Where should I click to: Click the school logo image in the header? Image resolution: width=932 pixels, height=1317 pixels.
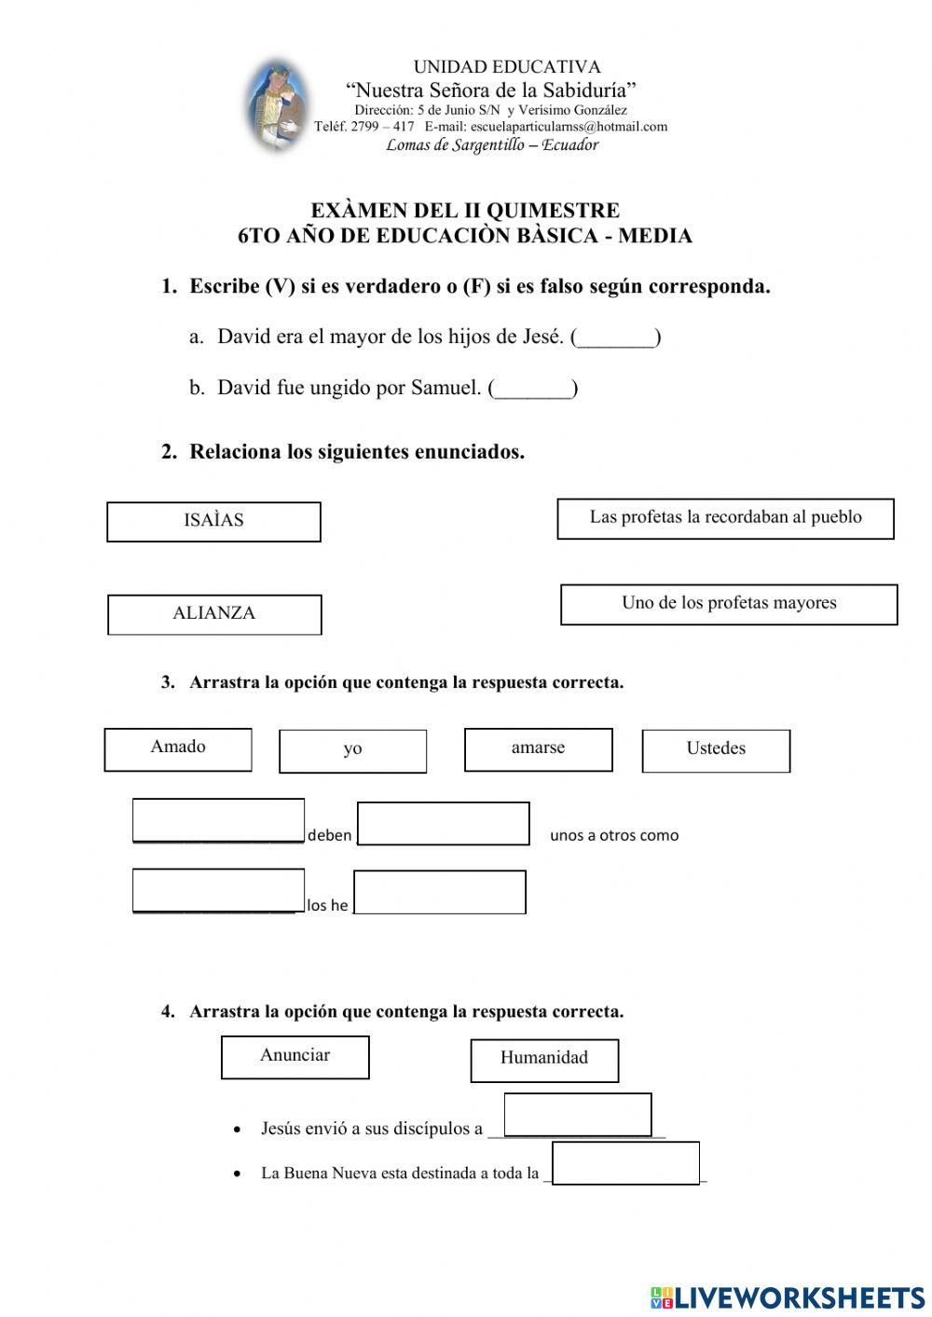277,105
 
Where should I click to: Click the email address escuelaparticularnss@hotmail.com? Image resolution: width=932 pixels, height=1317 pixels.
569,127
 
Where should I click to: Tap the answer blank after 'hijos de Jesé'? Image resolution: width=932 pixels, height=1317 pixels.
616,337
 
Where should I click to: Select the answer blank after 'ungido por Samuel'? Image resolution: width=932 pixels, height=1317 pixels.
533,389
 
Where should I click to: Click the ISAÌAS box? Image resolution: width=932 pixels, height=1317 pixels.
213,521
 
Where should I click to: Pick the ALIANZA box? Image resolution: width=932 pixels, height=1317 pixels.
214,614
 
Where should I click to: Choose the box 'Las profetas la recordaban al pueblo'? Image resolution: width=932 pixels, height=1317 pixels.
725,518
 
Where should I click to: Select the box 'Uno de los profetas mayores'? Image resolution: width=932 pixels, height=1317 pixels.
729,604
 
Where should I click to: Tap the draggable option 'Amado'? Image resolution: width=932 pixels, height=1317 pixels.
178,749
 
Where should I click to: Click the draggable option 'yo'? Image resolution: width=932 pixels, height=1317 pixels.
352,750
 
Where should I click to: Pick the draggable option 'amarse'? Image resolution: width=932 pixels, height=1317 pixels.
538,749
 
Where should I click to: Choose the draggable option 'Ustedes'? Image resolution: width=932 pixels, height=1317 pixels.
716,750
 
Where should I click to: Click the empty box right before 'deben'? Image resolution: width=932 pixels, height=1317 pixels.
218,820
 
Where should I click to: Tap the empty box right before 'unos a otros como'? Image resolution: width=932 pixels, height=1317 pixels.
444,823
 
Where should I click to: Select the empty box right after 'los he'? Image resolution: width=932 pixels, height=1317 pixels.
440,892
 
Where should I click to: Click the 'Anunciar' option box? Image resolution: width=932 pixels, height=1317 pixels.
295,1057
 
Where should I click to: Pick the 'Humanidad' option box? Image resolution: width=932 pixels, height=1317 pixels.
544,1059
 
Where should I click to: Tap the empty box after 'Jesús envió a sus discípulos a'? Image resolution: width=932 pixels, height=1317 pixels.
578,1115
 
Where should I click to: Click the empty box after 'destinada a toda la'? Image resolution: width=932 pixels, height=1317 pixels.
625,1163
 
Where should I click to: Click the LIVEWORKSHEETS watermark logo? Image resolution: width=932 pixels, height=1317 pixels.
788,1296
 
